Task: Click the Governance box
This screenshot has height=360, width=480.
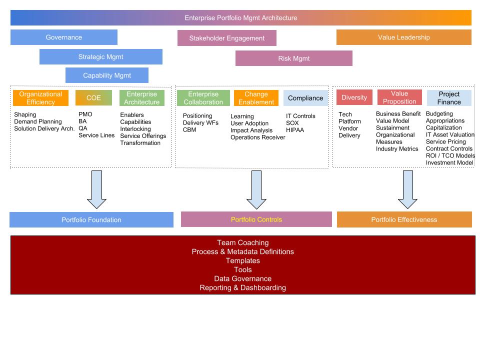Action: (64, 37)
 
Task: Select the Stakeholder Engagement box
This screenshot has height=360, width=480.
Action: (226, 38)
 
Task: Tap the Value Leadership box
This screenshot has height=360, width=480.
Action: (403, 37)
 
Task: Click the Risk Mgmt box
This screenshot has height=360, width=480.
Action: (293, 58)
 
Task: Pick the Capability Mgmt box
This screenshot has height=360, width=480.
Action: (107, 75)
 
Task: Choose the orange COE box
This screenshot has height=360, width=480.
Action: (93, 98)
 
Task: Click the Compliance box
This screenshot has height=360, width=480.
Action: (305, 98)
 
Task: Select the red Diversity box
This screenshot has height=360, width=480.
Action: (354, 97)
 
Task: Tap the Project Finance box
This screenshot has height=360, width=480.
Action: (449, 98)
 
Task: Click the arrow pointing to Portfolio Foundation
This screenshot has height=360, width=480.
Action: (96, 189)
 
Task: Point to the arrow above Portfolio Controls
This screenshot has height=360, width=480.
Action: (256, 189)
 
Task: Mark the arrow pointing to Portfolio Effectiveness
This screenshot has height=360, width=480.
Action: (407, 189)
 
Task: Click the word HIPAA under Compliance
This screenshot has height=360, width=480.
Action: (295, 130)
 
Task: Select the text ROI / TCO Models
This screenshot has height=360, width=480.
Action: (450, 155)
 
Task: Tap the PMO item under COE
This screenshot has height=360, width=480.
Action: (85, 114)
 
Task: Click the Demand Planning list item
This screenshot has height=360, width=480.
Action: (38, 121)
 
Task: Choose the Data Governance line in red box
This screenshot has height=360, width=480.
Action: (242, 278)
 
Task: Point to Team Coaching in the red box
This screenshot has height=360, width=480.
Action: (242, 242)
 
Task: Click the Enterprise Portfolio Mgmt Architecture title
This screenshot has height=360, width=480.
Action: (240, 18)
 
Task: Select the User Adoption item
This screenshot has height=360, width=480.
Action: (249, 123)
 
